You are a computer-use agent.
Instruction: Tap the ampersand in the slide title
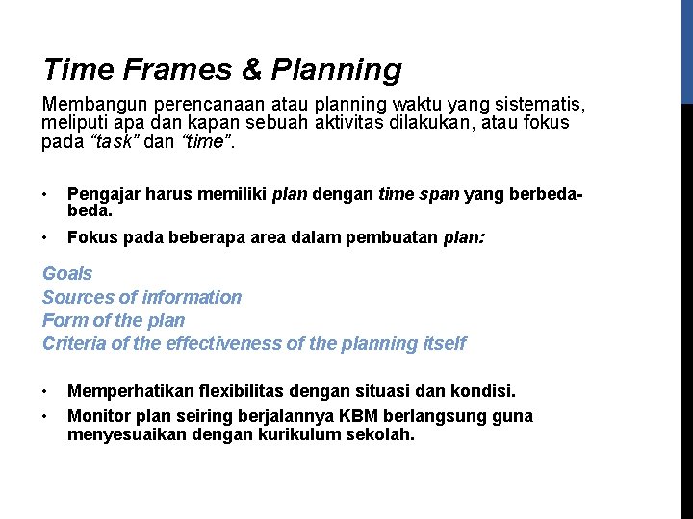click(x=252, y=70)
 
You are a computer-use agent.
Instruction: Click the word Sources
click(x=75, y=297)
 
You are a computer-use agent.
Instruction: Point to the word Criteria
click(x=74, y=343)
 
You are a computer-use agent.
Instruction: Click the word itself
click(x=444, y=343)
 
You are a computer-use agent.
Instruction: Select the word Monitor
click(x=99, y=415)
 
